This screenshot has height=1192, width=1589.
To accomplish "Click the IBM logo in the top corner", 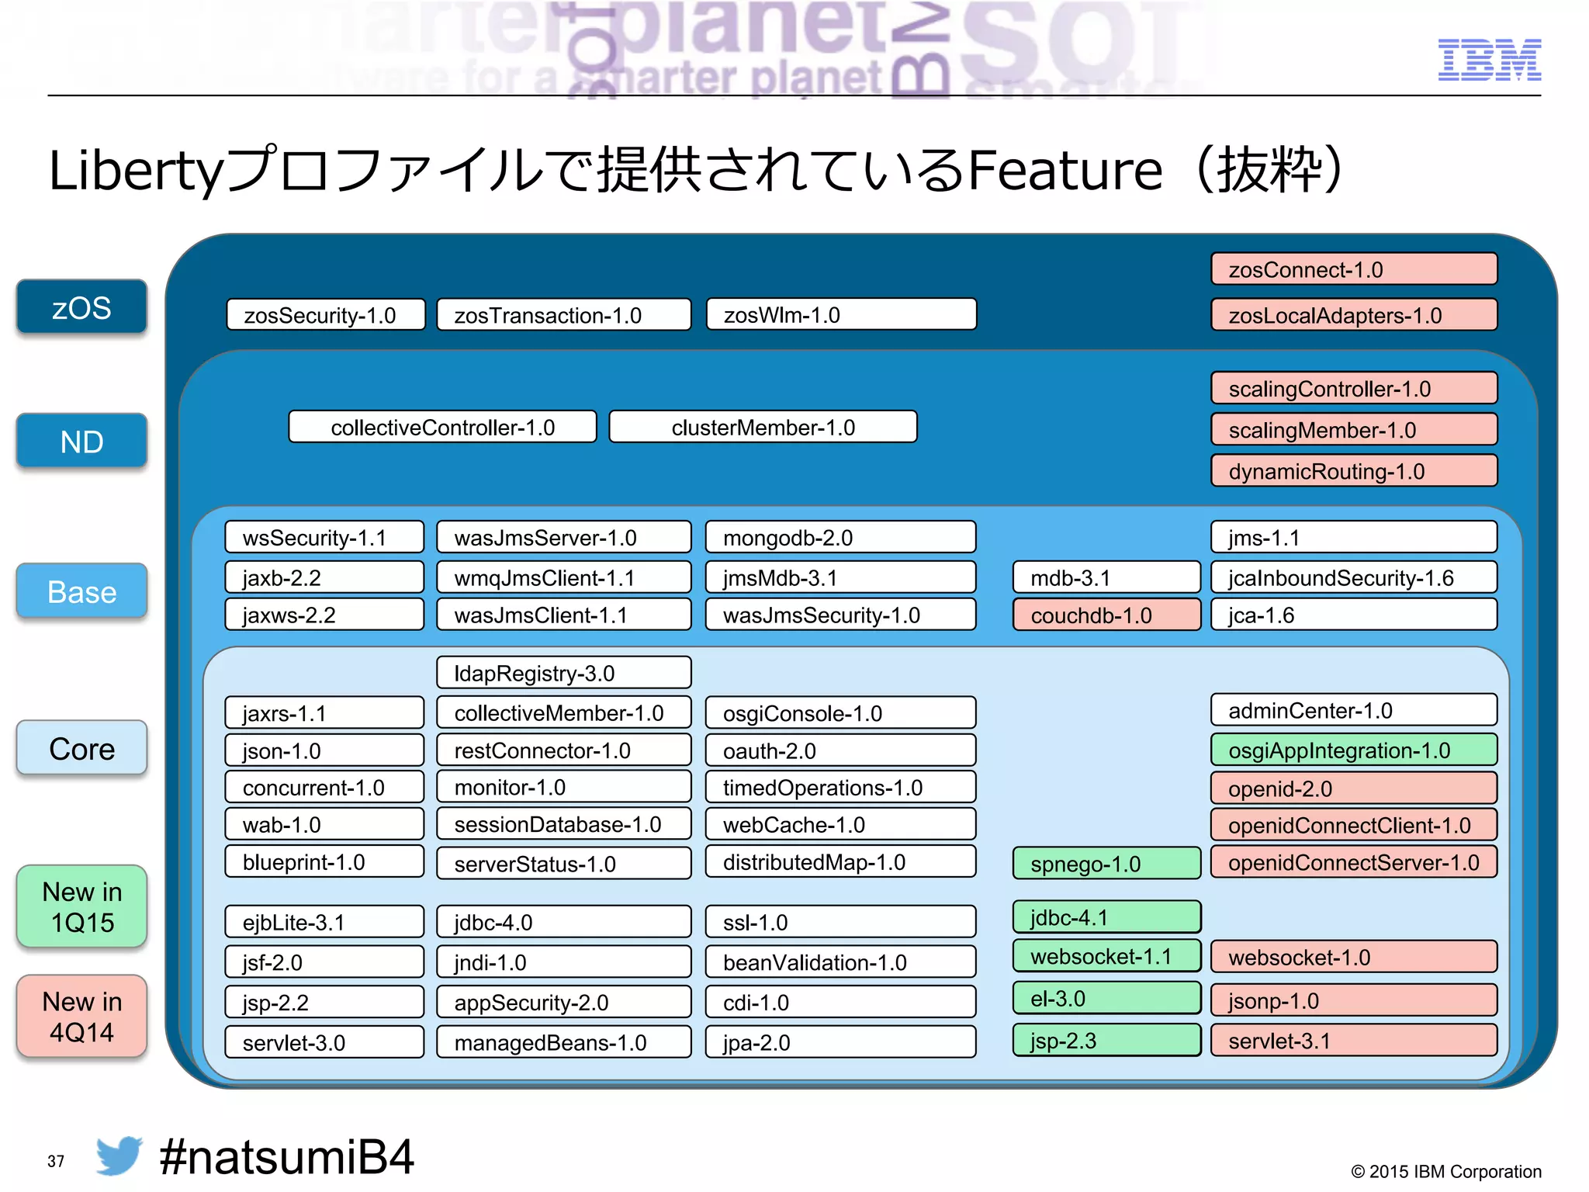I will pos(1489,60).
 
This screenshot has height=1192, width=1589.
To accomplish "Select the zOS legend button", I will pos(81,307).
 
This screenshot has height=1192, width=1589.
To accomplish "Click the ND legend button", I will pos(81,442).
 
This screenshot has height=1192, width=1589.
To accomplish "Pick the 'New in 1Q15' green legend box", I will pos(81,906).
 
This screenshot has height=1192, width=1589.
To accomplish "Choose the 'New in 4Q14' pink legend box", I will pos(81,1017).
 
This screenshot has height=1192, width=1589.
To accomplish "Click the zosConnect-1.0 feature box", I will pos(1353,269).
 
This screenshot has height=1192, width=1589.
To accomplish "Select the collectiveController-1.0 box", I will pos(442,427).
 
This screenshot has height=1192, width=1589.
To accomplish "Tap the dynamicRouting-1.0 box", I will pos(1353,471).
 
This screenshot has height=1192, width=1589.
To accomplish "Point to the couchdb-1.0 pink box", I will pos(1106,615).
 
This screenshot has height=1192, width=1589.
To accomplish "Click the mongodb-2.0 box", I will pos(840,538).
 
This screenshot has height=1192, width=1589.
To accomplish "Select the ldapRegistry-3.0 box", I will pos(563,673).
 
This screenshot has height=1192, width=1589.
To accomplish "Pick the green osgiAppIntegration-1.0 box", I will pos(1353,750).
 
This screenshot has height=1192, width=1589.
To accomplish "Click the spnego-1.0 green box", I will pos(1106,864).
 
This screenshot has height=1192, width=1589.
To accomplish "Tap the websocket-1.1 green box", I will pos(1106,956).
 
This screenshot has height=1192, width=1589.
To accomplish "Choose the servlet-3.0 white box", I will pos(324,1042).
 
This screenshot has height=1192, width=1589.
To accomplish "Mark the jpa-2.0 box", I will pos(840,1042).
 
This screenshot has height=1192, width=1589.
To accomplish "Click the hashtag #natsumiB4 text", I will pos(286,1157).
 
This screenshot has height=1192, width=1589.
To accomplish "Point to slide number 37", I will pos(56,1161).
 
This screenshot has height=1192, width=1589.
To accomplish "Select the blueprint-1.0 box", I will pos(324,862).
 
